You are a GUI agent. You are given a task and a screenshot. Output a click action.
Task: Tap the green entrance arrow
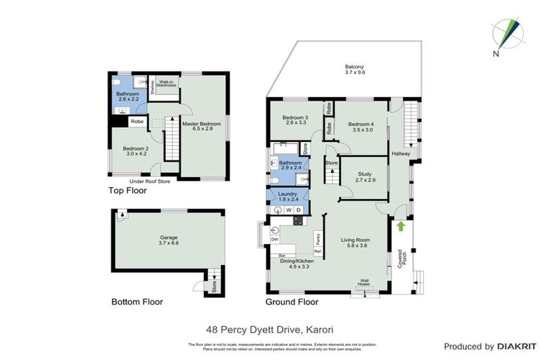click(401, 226)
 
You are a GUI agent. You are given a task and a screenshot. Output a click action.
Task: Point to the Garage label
click(169, 240)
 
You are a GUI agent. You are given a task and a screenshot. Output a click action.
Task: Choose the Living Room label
click(355, 243)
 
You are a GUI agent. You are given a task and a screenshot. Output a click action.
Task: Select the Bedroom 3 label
click(295, 120)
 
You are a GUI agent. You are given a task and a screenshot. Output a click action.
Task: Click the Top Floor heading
click(127, 191)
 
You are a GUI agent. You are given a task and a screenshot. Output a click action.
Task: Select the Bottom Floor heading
click(137, 302)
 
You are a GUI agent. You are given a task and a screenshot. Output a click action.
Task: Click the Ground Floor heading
click(291, 302)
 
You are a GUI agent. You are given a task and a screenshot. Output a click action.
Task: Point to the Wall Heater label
click(364, 282)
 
